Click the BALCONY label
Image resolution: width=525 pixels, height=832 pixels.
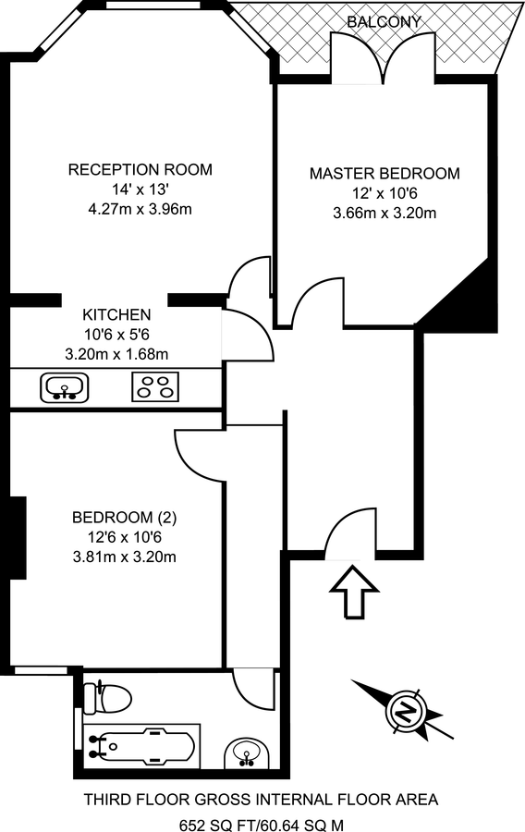coord(384,21)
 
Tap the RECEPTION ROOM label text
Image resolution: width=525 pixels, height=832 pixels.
coord(140,170)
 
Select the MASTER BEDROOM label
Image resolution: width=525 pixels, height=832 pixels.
coord(384,174)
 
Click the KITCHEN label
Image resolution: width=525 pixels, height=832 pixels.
coord(116,313)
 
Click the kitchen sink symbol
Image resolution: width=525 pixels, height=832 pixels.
coord(64,386)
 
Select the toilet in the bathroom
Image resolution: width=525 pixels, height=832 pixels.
coord(105,695)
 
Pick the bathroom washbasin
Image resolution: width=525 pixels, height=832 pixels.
coord(247,753)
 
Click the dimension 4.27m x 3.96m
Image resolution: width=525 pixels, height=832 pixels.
coord(140,209)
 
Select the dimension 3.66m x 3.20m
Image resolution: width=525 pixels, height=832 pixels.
coord(384,213)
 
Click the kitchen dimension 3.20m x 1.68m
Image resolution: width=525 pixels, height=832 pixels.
coord(116,353)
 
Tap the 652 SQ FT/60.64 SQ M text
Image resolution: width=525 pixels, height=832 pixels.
coord(262,822)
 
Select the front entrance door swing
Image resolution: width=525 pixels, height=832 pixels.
coord(348,536)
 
